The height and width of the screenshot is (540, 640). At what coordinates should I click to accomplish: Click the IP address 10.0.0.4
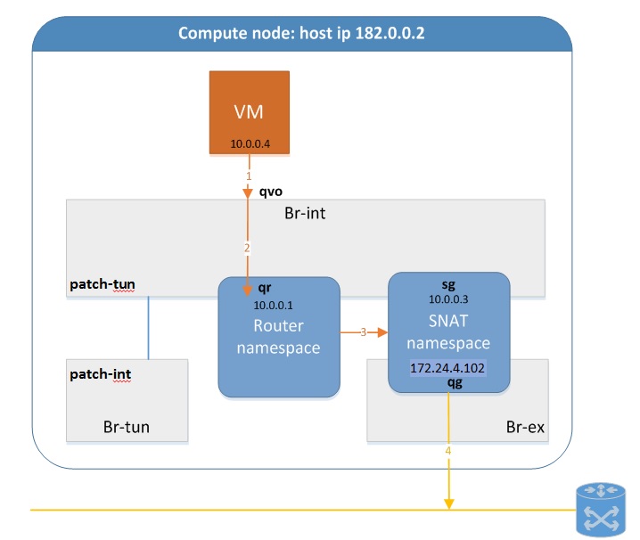pos(249,143)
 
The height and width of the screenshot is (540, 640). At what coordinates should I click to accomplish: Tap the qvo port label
pos(271,190)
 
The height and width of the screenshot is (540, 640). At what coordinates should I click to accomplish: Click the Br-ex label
pos(521,427)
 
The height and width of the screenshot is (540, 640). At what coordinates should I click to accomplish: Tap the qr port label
pos(264,289)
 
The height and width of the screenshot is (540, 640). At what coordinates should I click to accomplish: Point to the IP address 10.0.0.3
pos(448,300)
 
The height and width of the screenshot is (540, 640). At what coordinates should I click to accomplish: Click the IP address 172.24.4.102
pos(448,367)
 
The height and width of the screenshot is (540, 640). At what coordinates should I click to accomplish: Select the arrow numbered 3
pos(363,332)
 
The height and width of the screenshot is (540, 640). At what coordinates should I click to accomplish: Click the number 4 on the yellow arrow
pos(448,451)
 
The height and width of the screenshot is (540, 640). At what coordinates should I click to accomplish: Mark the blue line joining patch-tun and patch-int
pos(148,327)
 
